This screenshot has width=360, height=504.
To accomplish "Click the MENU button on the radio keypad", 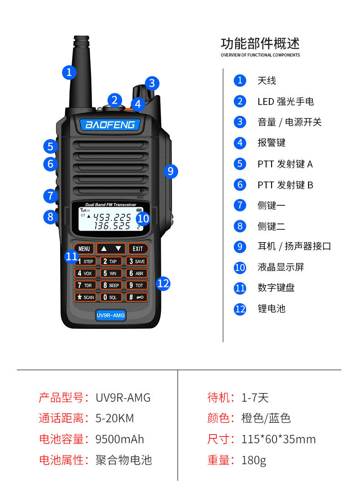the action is pos(84,249).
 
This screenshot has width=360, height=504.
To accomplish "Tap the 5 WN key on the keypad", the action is pos(111,273).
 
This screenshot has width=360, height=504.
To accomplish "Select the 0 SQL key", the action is pos(111,297).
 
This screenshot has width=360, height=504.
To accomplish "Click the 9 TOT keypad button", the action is pos(137,285).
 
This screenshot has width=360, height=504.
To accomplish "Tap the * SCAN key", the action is pos(85,297).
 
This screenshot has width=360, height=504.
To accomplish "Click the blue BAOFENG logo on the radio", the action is pos(110,125).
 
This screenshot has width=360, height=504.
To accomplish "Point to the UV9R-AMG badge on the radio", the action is pos(110,315).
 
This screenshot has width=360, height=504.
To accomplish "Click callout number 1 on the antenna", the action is pos(69,73).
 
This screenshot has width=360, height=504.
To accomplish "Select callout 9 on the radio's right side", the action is pos(170,171).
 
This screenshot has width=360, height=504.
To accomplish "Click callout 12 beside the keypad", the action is pos(163,284).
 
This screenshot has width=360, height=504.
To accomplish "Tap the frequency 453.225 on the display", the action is pos(112,217).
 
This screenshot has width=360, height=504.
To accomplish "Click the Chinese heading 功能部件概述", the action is pos(260,43).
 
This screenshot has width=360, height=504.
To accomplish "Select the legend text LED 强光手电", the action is pos(286,102).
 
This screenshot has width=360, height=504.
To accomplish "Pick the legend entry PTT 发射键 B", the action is pos(285,185).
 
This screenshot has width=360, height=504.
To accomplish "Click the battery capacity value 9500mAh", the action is pos(119,439).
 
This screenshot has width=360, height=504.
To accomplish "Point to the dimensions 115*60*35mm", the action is pos(278,439).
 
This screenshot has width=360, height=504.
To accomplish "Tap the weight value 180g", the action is pos(254,460).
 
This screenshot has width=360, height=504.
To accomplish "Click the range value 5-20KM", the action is pos(114,418).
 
